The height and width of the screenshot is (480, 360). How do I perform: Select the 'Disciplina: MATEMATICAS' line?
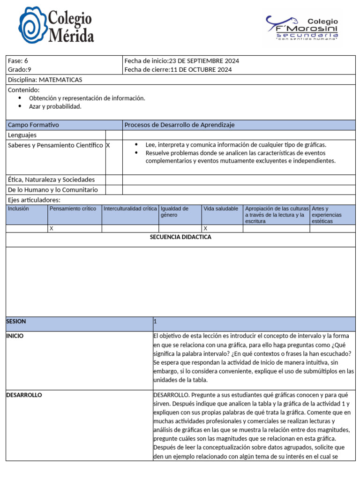45,80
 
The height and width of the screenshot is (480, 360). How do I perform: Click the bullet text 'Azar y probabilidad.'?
55,106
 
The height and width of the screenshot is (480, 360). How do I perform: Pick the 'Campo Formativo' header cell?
33,125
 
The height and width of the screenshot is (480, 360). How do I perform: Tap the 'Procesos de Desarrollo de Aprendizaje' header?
180,125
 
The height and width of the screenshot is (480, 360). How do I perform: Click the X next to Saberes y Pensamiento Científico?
108,145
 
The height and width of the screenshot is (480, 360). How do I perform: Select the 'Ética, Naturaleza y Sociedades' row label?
51,180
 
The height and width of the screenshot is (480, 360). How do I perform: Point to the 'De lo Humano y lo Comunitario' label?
53,190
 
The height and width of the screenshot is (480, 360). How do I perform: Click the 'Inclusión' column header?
18,209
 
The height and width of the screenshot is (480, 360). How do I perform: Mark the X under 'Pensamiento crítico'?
52,228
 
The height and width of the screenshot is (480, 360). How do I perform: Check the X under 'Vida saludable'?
205,228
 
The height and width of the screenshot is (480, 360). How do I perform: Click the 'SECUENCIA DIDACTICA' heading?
180,237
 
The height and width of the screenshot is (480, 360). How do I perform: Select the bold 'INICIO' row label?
15,336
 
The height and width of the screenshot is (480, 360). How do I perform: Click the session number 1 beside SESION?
155,322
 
